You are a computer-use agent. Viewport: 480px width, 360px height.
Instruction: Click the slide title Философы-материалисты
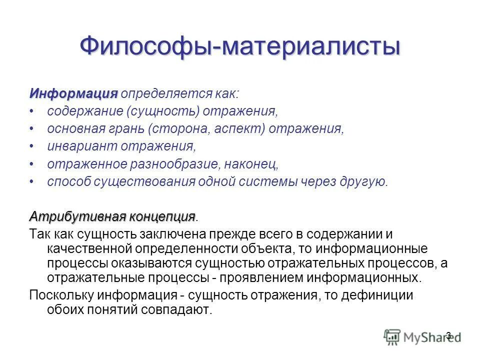click(x=240, y=46)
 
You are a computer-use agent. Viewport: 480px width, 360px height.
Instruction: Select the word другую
click(x=363, y=181)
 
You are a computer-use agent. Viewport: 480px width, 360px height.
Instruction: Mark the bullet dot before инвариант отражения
click(x=32, y=146)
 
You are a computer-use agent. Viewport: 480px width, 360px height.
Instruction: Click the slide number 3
click(x=448, y=335)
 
